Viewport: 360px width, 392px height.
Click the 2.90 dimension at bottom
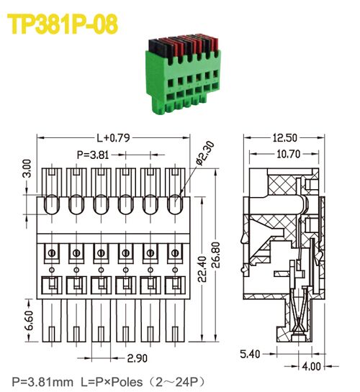pyautogui.click(x=138, y=357)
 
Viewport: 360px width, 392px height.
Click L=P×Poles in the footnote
pyautogui.click(x=112, y=380)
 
